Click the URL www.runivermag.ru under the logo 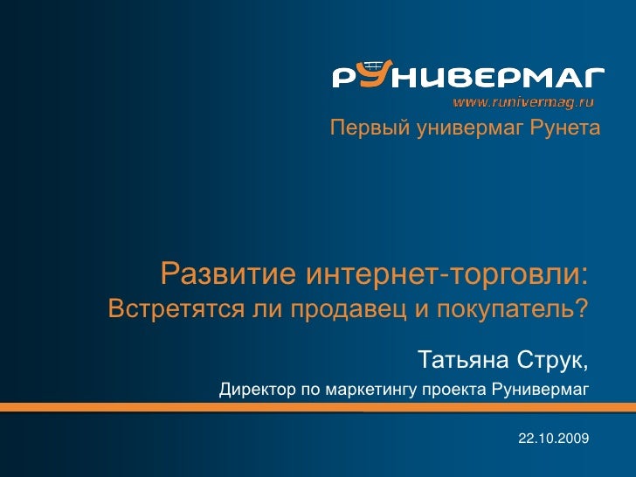pyautogui.click(x=522, y=101)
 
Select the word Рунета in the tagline pyautogui.click(x=564, y=130)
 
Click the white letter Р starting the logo pyautogui.click(x=343, y=79)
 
